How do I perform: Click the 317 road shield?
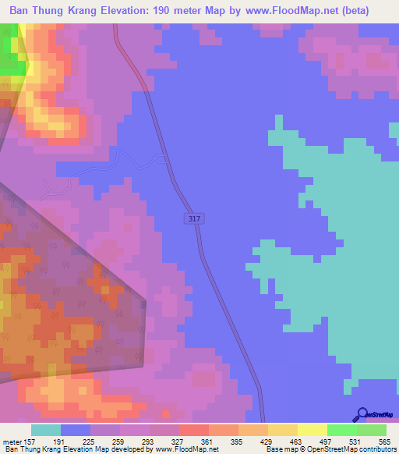click(195, 220)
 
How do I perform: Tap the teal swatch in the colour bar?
click(46, 430)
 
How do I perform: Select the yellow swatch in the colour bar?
click(312, 430)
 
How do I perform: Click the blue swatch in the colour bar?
click(76, 430)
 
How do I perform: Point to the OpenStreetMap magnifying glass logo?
click(362, 415)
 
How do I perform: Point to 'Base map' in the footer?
click(284, 449)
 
